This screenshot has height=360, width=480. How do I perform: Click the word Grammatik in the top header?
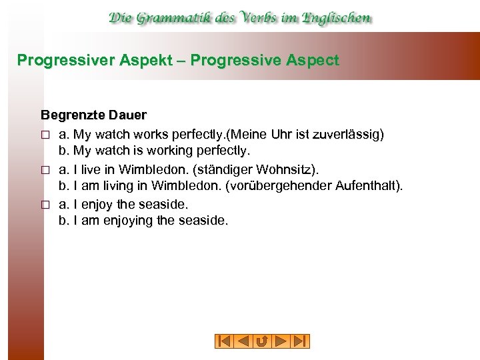(175, 17)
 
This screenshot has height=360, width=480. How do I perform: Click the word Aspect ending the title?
(313, 61)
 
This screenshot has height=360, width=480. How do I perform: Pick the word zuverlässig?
(347, 135)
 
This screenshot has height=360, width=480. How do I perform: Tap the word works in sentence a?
(152, 135)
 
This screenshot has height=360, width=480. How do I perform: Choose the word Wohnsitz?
(294, 169)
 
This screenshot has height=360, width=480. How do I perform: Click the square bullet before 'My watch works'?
(45, 135)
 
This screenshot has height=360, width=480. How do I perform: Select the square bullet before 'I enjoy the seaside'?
(45, 203)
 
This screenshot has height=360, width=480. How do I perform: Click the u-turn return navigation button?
(262, 341)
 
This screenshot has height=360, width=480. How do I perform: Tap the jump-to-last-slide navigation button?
(301, 341)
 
